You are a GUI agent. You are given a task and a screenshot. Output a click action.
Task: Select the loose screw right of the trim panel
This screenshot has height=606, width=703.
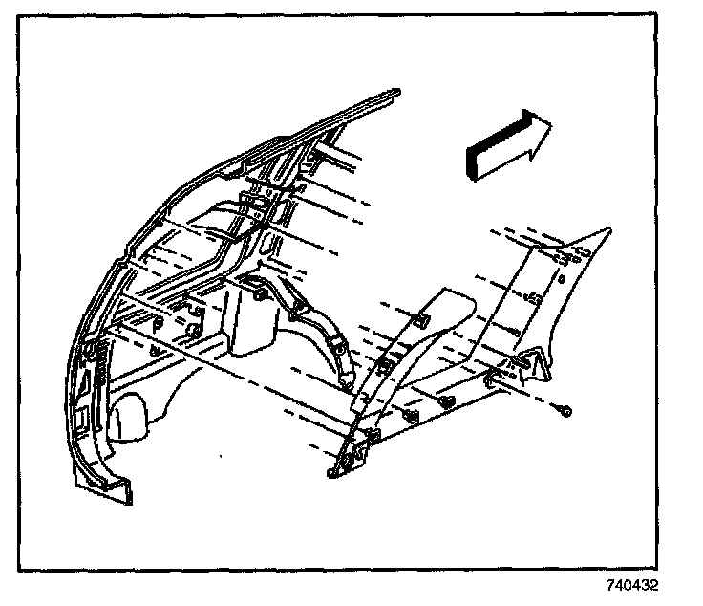coord(565,410)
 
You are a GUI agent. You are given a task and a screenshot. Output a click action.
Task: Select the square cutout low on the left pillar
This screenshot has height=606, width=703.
coord(85,418)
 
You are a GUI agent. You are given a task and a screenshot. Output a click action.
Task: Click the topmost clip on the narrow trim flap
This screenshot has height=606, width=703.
coord(417,318)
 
